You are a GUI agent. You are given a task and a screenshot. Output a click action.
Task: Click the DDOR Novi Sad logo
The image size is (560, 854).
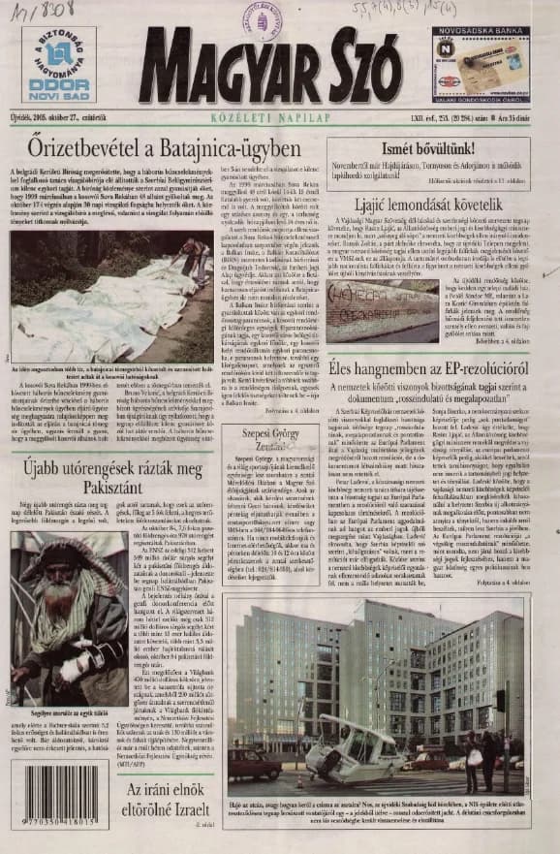tap(58, 64)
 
